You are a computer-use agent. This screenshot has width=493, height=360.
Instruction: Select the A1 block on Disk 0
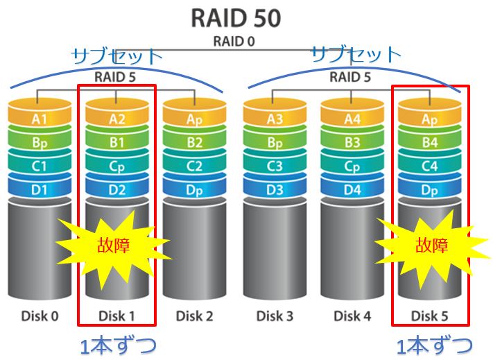(40, 119)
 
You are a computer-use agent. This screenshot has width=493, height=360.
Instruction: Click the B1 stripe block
(116, 144)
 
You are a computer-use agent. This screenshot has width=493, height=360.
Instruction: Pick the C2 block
(194, 166)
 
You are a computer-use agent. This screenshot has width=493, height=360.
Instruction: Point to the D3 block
(275, 189)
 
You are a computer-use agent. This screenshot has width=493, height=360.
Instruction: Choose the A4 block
(352, 119)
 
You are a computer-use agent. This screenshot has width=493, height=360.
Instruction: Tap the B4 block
(430, 144)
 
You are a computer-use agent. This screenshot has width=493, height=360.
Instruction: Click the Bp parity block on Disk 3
(275, 144)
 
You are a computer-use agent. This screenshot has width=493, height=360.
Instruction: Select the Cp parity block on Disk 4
(352, 166)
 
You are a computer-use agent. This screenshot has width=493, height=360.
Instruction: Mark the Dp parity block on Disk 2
(194, 189)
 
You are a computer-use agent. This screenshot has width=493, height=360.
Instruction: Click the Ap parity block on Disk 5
(430, 119)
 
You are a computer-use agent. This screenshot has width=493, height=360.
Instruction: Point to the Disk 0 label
(40, 316)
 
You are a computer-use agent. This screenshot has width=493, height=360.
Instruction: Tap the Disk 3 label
(275, 316)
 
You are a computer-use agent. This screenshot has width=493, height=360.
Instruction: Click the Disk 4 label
(352, 316)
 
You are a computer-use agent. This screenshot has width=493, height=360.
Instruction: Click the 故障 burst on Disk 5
(431, 245)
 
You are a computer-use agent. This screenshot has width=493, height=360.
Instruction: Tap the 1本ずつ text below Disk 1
(116, 345)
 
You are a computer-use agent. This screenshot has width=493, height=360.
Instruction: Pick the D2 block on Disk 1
(116, 189)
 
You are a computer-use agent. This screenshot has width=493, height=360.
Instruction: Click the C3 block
(275, 166)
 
